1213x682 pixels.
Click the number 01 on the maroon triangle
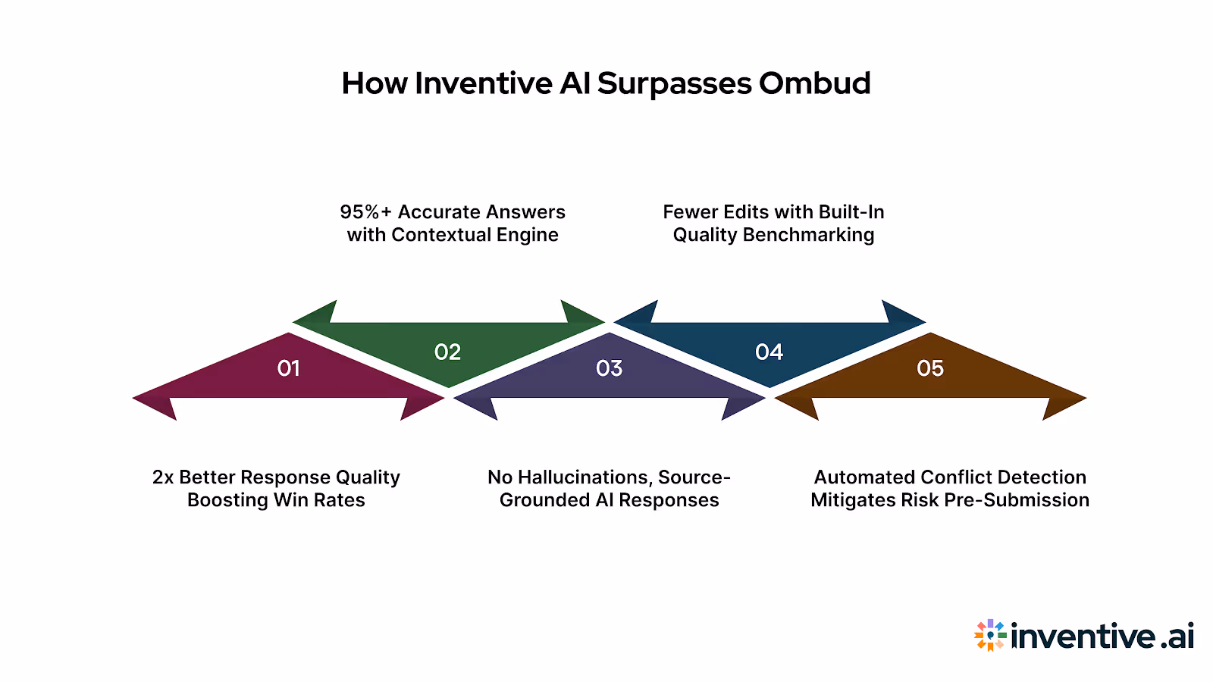point(288,368)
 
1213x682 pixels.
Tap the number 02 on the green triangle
point(447,352)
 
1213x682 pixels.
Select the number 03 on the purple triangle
point(609,368)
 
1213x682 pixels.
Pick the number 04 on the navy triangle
point(769,352)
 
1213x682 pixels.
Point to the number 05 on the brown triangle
point(930,368)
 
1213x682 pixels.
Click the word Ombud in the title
point(814,83)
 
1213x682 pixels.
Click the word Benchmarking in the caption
point(808,235)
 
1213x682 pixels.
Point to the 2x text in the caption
point(163,477)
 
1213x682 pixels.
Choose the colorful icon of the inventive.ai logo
point(990,635)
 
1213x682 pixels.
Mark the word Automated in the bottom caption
point(864,477)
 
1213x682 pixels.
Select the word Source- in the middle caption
point(694,477)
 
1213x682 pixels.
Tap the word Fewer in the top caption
point(690,212)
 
